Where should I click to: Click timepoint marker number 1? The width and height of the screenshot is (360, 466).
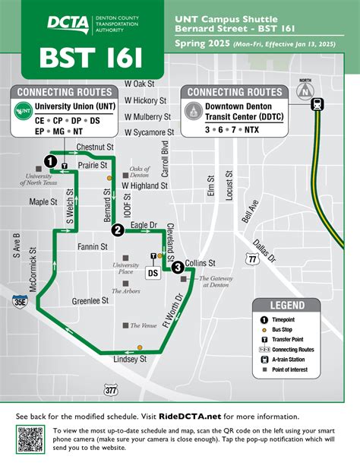(49, 161)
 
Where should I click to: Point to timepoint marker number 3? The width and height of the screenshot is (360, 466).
(177, 267)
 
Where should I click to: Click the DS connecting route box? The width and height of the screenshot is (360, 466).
(152, 272)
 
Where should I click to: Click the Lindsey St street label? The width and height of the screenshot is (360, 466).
(129, 359)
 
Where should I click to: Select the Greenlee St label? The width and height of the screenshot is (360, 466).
(90, 300)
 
